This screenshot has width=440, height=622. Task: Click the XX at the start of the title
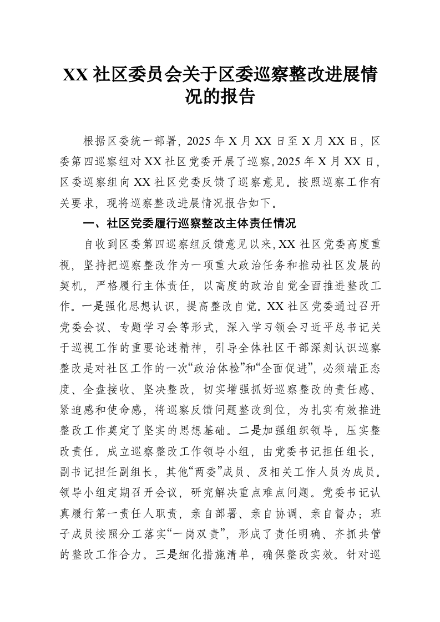74,75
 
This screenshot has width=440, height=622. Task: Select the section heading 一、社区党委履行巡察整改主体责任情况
189,223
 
